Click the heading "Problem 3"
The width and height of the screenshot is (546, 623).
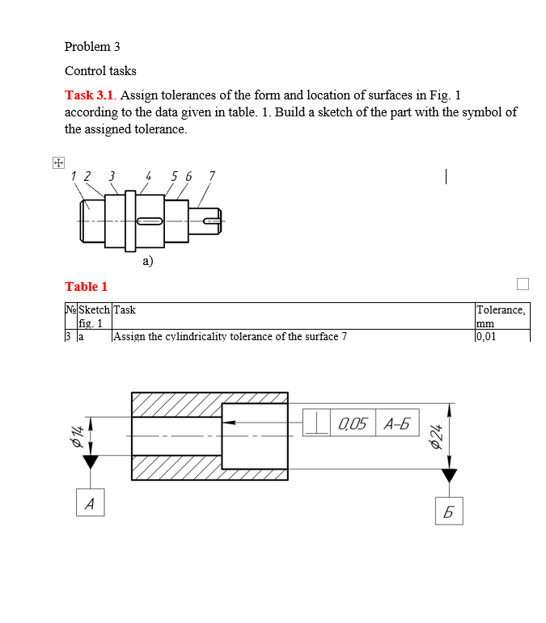coord(92,47)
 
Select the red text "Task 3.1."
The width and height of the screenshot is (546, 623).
coord(91,95)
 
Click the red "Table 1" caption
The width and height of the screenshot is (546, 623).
coord(86,286)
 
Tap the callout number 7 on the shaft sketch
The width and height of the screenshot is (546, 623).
coord(212,175)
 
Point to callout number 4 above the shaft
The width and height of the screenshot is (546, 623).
coord(148,175)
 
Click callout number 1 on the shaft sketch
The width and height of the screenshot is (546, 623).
coord(74,175)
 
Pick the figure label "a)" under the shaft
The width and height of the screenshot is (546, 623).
coord(147,261)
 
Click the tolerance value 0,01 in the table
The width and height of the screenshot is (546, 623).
coord(487,336)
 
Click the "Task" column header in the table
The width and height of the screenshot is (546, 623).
coord(125,309)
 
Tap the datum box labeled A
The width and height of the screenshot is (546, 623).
coord(90,504)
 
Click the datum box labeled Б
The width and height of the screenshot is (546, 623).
coord(449,511)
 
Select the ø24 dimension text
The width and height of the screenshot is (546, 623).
coord(437,436)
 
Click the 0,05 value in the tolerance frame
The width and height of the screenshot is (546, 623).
coord(353,423)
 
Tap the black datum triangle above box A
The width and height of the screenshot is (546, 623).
coord(90,462)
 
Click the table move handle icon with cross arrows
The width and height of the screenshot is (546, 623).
coord(57,163)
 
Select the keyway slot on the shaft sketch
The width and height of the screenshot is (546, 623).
coord(150,221)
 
